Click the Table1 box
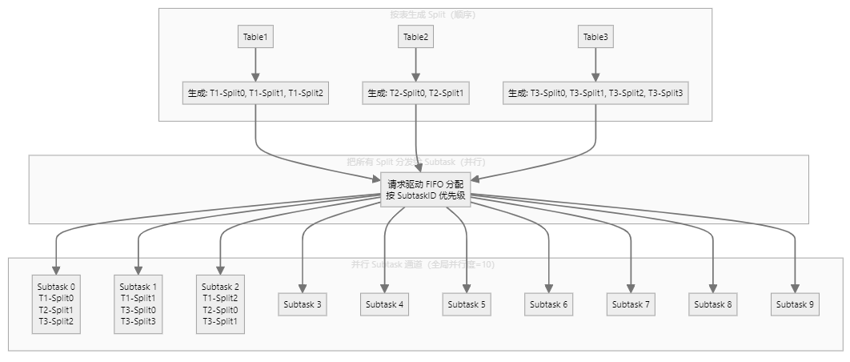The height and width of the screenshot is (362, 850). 255,37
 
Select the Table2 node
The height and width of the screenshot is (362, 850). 415,37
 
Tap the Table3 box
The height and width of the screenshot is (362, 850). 595,37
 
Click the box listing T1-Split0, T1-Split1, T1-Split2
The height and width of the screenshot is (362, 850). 255,93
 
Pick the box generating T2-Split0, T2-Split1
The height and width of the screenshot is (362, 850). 415,93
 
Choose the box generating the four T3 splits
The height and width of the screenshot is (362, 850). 595,93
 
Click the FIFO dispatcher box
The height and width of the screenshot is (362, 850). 425,190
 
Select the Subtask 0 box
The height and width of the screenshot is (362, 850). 56,304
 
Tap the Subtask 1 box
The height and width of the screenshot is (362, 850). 138,304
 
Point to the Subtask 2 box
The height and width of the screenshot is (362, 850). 220,304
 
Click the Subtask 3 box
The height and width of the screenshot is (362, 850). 303,304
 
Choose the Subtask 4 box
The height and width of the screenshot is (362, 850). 385,304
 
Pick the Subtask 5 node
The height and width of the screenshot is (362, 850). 467,304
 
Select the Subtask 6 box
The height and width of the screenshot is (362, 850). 549,304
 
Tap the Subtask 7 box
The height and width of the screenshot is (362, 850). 631,304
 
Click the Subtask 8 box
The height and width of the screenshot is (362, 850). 713,304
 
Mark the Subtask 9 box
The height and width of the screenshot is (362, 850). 795,304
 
